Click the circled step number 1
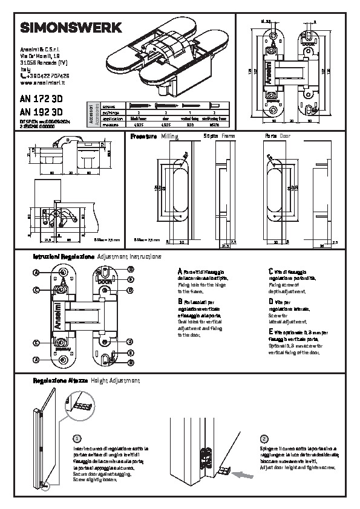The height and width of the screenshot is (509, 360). [76, 438]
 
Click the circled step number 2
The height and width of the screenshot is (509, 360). [264, 438]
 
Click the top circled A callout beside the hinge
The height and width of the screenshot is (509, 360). [36, 273]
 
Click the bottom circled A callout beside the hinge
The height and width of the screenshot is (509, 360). [36, 360]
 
